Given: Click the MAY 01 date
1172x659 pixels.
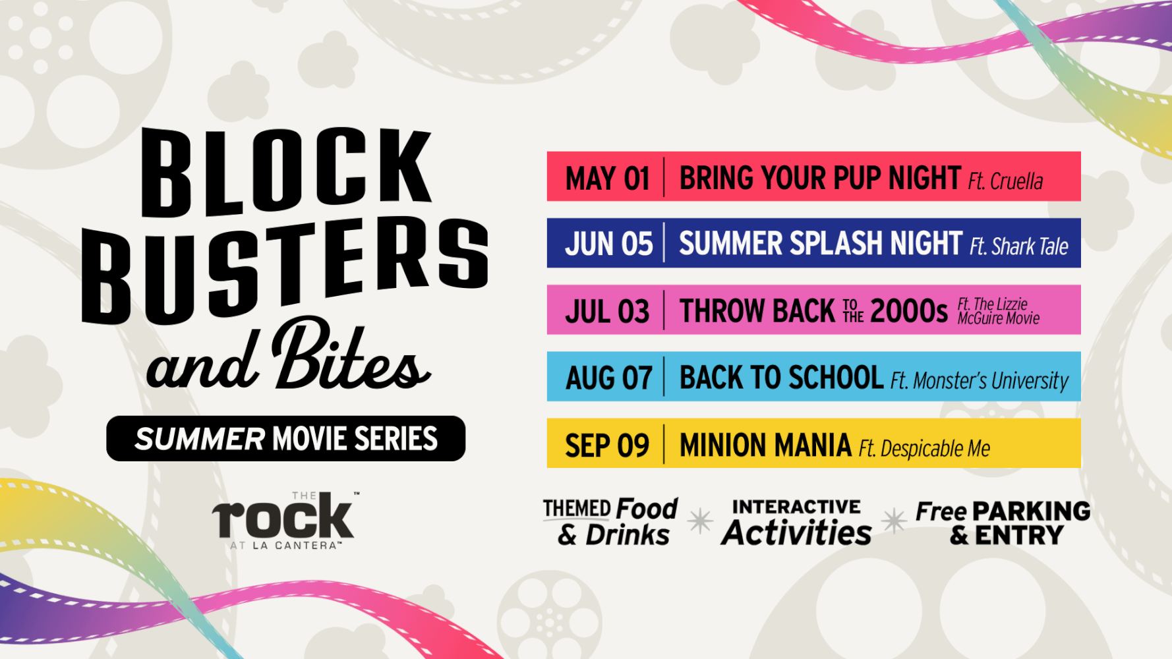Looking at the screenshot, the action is click(x=608, y=179).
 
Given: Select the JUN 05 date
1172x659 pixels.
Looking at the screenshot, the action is click(x=609, y=244).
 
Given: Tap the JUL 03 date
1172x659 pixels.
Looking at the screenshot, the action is click(x=607, y=311).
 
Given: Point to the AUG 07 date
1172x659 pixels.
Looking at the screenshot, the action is click(x=609, y=378).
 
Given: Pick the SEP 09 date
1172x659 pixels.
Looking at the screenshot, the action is click(x=607, y=446).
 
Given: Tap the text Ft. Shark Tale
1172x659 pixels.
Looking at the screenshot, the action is click(x=1019, y=246).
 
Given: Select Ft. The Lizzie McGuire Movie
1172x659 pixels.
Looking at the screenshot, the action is click(x=999, y=311).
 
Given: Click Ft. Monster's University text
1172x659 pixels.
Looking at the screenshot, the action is click(x=980, y=381).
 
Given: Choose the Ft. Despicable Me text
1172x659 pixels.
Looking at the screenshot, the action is click(x=924, y=449).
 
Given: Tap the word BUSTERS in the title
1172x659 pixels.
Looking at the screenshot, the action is click(x=285, y=270).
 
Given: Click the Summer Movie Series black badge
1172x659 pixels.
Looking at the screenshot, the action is click(x=285, y=438).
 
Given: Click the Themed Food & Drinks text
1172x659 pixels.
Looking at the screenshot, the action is click(x=610, y=522).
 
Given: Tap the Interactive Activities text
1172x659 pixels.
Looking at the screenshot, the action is click(x=796, y=523).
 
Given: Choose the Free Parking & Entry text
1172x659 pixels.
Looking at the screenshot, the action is click(x=1003, y=523).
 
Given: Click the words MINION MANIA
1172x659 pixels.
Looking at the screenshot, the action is click(x=765, y=445).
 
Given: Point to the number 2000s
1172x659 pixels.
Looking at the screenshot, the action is click(x=909, y=311).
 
